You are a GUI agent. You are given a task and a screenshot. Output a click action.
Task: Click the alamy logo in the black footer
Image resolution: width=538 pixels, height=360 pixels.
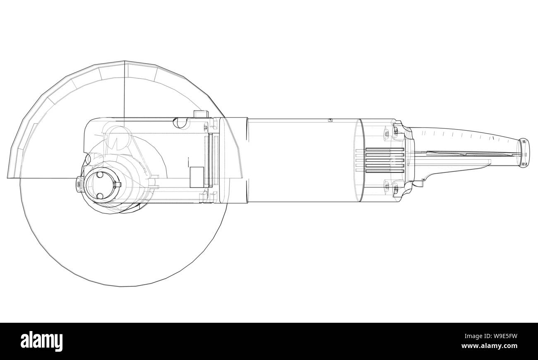[x=42, y=341]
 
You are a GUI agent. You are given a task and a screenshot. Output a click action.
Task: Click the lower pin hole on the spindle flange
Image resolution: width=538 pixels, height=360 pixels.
[x=99, y=196]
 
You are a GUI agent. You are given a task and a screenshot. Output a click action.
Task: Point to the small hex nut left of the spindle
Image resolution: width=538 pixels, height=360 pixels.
[x=79, y=185]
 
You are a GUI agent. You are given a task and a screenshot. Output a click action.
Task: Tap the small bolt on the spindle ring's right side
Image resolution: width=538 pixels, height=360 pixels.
[x=118, y=185]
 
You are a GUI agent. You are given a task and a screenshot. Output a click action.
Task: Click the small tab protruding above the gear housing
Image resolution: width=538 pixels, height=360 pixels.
[x=200, y=114]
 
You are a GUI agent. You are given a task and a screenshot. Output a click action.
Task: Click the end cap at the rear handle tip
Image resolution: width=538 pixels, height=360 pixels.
[x=524, y=154]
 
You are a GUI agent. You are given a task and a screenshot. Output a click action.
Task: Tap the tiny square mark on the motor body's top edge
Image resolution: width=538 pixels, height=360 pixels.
[x=330, y=120]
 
